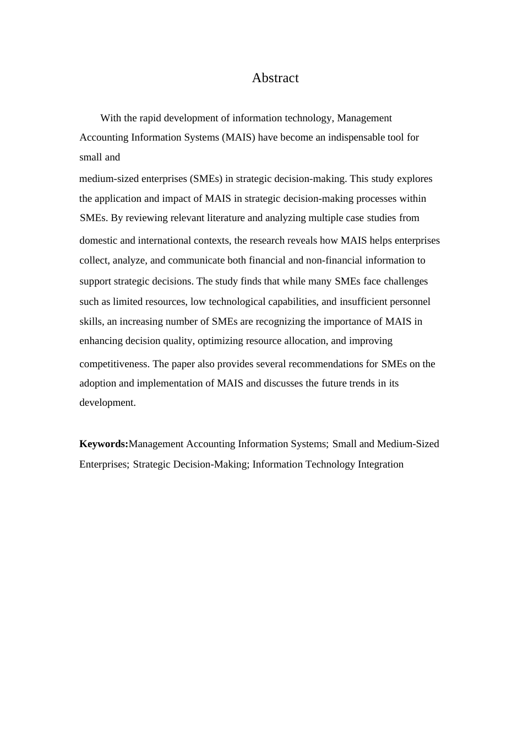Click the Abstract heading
point(275,78)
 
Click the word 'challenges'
point(406,281)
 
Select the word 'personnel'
point(410,302)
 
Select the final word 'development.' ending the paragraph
point(107,402)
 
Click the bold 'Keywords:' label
point(103,444)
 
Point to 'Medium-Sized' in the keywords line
point(408,444)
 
